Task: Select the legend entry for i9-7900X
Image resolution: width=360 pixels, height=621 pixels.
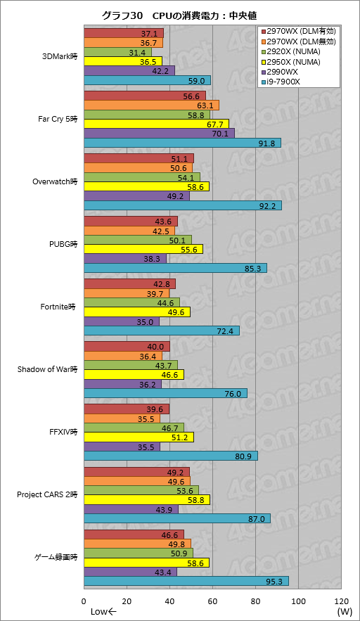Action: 281,82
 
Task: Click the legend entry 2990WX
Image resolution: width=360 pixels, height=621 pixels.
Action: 279,72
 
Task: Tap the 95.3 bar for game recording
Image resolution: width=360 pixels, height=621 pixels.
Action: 186,581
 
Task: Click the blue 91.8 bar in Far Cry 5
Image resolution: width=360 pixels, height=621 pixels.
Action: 183,143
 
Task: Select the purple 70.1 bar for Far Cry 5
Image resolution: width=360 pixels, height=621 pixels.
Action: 159,134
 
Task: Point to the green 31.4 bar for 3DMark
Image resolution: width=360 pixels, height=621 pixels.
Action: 117,52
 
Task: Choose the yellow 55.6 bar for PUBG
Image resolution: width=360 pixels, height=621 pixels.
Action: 143,249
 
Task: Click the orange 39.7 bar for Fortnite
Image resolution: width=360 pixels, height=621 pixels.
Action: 127,293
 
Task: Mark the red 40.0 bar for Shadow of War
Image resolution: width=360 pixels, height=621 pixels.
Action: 127,347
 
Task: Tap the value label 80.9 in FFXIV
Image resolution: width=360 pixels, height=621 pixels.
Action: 243,456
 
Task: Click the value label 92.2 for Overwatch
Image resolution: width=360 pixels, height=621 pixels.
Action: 267,206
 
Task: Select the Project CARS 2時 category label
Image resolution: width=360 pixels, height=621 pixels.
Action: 47,494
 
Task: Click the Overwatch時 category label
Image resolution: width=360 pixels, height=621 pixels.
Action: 55,181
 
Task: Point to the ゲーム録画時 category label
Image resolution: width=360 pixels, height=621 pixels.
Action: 56,557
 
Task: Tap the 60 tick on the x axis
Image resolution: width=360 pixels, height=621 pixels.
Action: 212,601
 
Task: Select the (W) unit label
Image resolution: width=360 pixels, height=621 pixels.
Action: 345,612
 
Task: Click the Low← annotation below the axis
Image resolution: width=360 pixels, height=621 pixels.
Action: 103,612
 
